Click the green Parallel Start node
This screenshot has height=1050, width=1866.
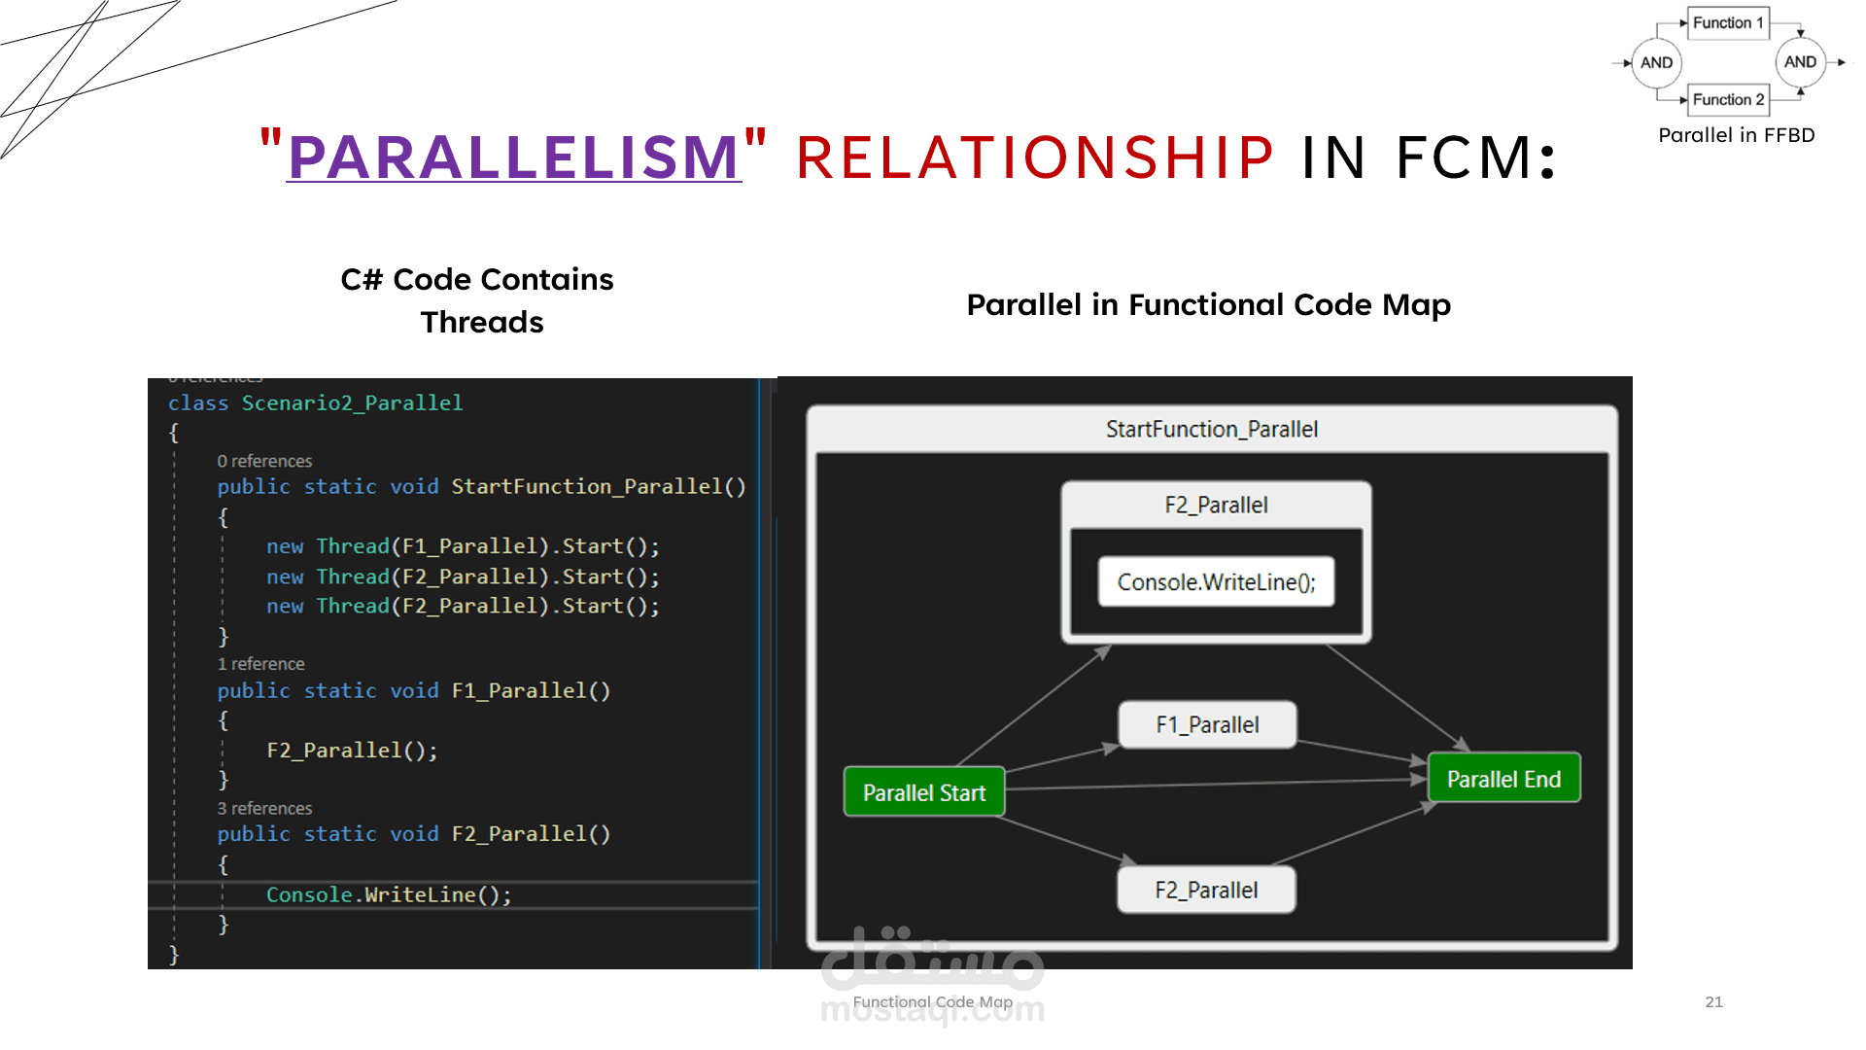click(924, 792)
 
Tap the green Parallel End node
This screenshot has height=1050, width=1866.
click(1503, 779)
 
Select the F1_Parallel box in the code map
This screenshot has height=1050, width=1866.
click(1207, 725)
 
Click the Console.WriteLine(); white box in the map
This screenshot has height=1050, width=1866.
click(1216, 581)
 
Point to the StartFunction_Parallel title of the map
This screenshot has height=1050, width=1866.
click(1212, 429)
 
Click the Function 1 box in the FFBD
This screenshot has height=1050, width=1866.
click(1728, 22)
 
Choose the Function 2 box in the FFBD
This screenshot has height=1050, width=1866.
click(1728, 99)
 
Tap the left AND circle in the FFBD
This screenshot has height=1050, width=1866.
click(1656, 62)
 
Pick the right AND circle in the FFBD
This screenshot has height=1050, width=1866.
click(1800, 61)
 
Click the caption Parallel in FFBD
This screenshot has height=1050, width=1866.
click(1736, 135)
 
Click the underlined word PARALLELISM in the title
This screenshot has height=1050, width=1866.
click(514, 157)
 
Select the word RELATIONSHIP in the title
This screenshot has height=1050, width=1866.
click(1035, 157)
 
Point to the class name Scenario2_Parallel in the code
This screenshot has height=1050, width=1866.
click(352, 402)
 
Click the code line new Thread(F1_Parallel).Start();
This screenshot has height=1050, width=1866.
click(463, 546)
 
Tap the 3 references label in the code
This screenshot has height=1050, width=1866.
click(264, 809)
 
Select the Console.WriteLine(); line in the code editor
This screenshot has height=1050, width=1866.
click(389, 894)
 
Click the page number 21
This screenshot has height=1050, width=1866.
click(1713, 1001)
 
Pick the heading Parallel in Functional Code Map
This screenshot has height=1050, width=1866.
click(1208, 305)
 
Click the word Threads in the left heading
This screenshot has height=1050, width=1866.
click(482, 322)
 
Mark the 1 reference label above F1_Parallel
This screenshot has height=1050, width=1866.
click(260, 664)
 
